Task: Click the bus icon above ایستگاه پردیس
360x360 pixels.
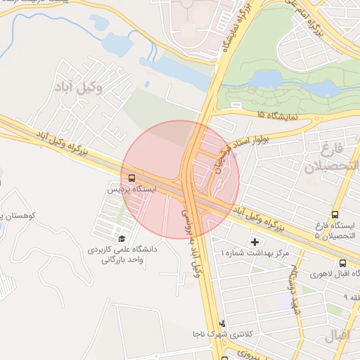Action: (132, 178)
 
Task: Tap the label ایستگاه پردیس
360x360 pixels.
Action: (132, 190)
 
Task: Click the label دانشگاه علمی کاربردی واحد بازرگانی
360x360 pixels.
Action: (121, 254)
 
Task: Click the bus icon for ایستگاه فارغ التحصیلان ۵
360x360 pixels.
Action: (334, 214)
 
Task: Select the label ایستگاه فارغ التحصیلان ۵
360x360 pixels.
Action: (336, 231)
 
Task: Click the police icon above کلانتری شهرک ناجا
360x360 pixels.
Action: (223, 323)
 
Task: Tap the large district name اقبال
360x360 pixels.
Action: (338, 335)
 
